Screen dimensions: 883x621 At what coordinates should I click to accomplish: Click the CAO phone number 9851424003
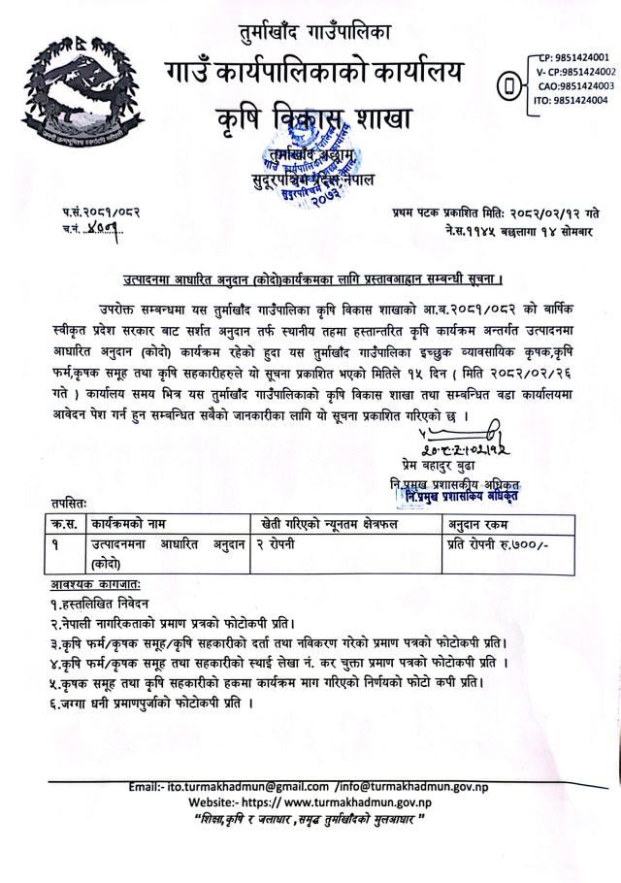pyautogui.click(x=575, y=85)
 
